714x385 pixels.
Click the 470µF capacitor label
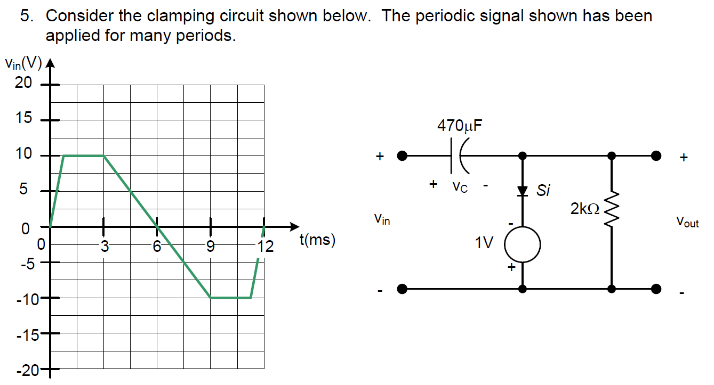pyautogui.click(x=461, y=126)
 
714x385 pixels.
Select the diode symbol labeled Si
pyautogui.click(x=523, y=190)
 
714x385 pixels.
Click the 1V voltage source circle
pyautogui.click(x=523, y=245)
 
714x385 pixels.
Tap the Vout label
pyautogui.click(x=687, y=222)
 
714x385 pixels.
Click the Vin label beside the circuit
pyautogui.click(x=382, y=218)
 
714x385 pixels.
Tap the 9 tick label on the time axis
pyautogui.click(x=211, y=246)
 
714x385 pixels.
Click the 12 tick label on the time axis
pyautogui.click(x=265, y=246)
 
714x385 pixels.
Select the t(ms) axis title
pyautogui.click(x=318, y=241)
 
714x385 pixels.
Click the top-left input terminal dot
pyautogui.click(x=403, y=156)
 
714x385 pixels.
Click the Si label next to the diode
pyautogui.click(x=543, y=191)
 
